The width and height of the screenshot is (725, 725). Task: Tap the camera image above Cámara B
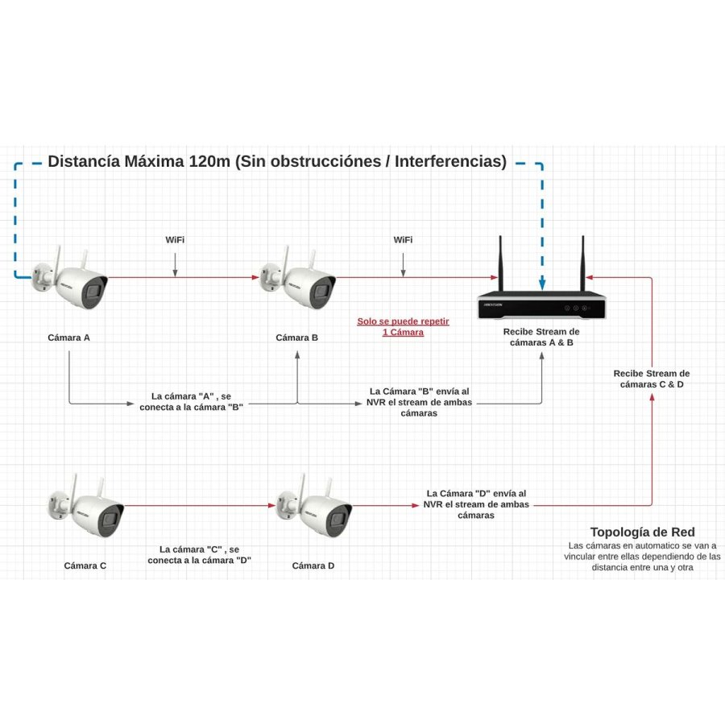click(x=299, y=278)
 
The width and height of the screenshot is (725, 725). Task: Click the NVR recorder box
click(x=541, y=305)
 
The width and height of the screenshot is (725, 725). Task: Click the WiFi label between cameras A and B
click(x=175, y=240)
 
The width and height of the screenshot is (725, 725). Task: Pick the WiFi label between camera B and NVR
click(x=403, y=240)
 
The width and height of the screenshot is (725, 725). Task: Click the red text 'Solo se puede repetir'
click(x=403, y=321)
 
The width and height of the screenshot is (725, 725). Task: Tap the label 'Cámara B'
click(x=296, y=338)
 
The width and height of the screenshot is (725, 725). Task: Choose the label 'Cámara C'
click(x=85, y=565)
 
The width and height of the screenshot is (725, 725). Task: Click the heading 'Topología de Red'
click(x=642, y=532)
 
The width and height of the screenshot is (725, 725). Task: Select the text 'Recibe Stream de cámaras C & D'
click(x=651, y=379)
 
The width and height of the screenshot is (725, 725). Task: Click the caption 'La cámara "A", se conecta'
click(x=191, y=401)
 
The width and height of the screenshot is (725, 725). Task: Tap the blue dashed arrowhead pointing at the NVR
click(x=542, y=284)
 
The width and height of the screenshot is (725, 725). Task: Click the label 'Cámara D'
click(x=313, y=565)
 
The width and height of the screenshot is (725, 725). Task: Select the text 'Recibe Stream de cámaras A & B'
click(x=541, y=337)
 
